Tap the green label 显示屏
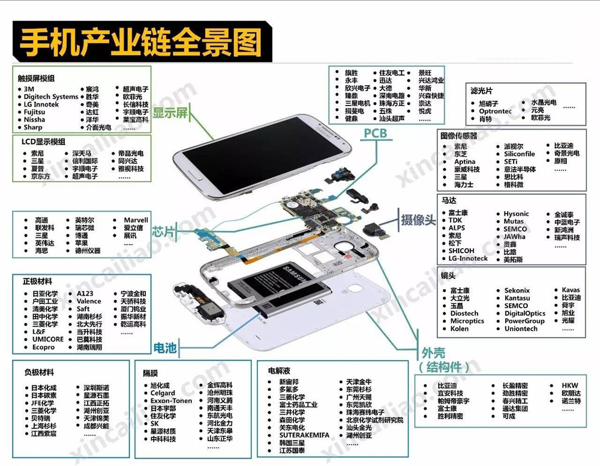click(x=170, y=112)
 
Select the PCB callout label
click(x=376, y=134)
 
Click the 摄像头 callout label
click(x=418, y=220)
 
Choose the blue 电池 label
click(x=166, y=347)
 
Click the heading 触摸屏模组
click(x=36, y=78)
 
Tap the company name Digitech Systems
click(x=51, y=97)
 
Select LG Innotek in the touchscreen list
click(x=41, y=104)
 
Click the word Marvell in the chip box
click(x=136, y=220)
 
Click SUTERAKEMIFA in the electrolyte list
click(x=304, y=435)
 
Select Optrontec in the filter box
click(x=495, y=111)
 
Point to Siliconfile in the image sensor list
click(x=519, y=154)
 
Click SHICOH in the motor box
click(x=461, y=251)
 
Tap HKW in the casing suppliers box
click(x=570, y=386)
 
